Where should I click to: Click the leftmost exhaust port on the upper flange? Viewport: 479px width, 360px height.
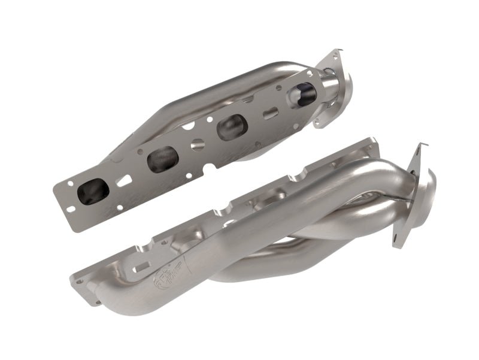[x=96, y=191]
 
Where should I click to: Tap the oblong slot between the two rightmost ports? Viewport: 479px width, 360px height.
[x=269, y=113]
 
